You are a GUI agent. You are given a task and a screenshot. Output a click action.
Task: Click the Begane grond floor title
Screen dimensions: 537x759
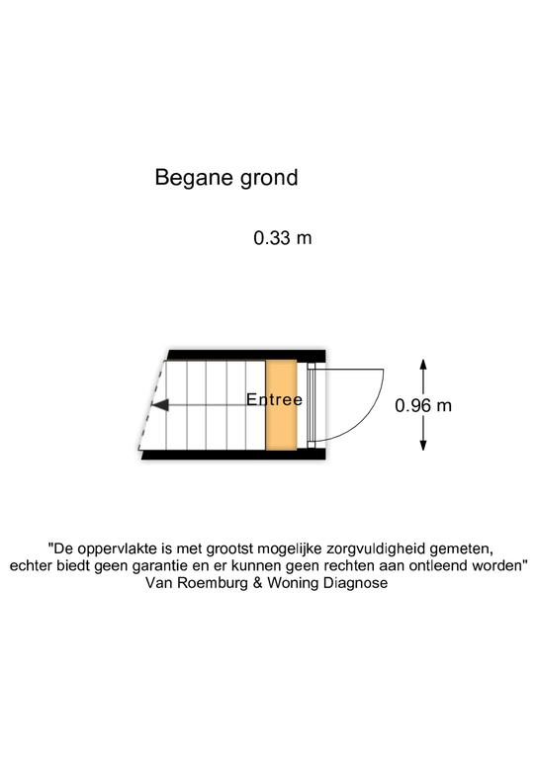pyautogui.click(x=226, y=178)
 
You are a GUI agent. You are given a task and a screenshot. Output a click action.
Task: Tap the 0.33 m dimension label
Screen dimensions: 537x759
pyautogui.click(x=283, y=237)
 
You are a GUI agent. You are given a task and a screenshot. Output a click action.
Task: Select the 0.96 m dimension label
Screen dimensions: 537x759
pyautogui.click(x=423, y=405)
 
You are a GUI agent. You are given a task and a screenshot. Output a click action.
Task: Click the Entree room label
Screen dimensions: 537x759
pyautogui.click(x=275, y=399)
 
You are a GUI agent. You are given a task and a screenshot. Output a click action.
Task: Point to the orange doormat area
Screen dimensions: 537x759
pyautogui.click(x=281, y=405)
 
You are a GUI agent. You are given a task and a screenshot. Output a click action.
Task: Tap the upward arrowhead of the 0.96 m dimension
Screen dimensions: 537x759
pyautogui.click(x=423, y=366)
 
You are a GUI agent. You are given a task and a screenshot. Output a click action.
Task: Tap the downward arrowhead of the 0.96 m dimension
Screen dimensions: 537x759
pyautogui.click(x=423, y=444)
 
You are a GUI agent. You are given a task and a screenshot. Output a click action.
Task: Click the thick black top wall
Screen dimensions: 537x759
pyautogui.click(x=246, y=356)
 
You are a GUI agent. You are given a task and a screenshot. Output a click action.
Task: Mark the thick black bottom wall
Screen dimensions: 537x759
pyautogui.click(x=233, y=455)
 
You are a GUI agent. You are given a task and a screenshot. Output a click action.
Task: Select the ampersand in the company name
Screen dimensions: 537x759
pyautogui.click(x=257, y=582)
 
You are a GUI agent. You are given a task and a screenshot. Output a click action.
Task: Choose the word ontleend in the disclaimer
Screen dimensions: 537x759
pyautogui.click(x=439, y=565)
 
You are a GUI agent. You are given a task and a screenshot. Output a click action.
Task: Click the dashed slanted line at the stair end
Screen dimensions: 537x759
pyautogui.click(x=150, y=405)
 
